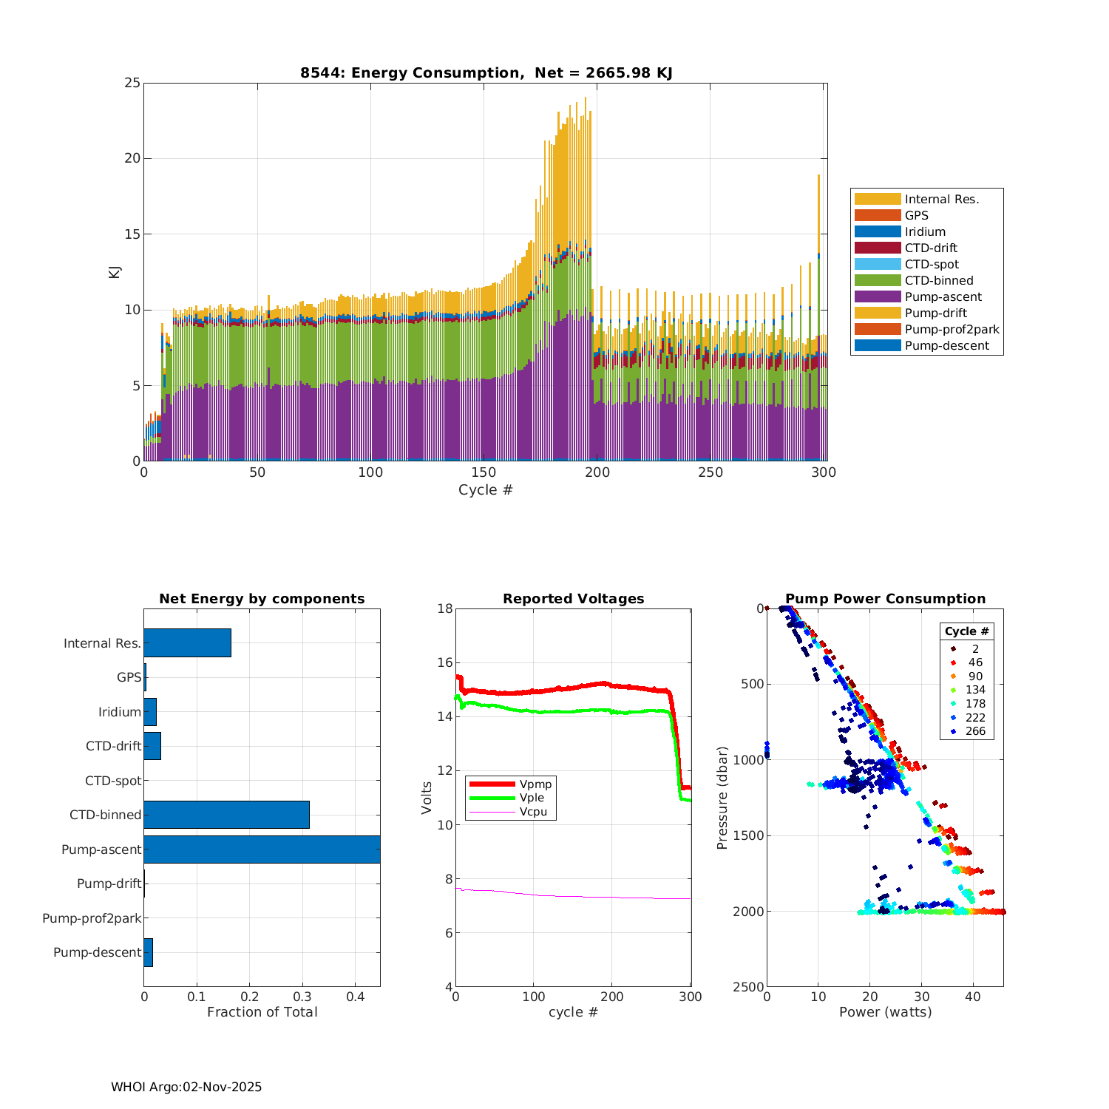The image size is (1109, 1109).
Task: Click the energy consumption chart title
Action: point(486,72)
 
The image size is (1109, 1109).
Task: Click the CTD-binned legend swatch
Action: point(878,281)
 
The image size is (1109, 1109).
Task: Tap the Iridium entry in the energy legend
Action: point(925,232)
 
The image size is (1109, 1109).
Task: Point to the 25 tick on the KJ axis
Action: point(132,83)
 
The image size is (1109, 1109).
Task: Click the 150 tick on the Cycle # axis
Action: point(484,473)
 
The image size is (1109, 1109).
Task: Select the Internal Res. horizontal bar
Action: point(187,643)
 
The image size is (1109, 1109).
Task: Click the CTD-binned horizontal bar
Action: point(226,815)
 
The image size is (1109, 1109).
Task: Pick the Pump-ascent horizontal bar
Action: point(262,849)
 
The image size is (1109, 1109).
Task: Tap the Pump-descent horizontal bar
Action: point(148,952)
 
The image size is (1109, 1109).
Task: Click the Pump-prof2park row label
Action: point(92,918)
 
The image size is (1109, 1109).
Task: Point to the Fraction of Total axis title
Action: point(262,1012)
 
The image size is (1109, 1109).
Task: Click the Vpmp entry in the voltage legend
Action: point(535,784)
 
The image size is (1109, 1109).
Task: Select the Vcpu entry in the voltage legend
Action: point(533,812)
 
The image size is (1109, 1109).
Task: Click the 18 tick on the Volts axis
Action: point(445,609)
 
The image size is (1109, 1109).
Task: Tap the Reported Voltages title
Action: point(573,599)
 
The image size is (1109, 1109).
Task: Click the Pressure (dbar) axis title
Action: point(722,797)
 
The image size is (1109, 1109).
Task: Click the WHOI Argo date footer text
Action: point(186,1087)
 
